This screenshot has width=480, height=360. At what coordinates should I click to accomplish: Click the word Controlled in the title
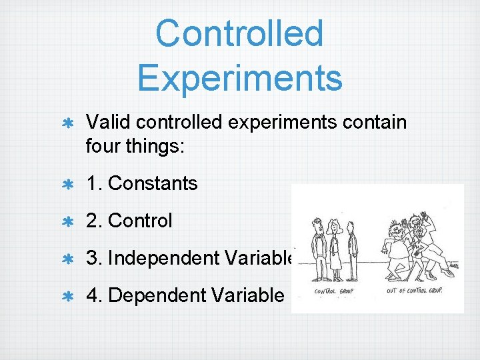(239, 33)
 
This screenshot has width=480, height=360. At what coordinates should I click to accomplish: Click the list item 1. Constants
(142, 183)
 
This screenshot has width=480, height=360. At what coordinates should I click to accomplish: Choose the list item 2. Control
(129, 221)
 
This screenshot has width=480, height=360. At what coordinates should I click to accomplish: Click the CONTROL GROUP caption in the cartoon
(333, 291)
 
